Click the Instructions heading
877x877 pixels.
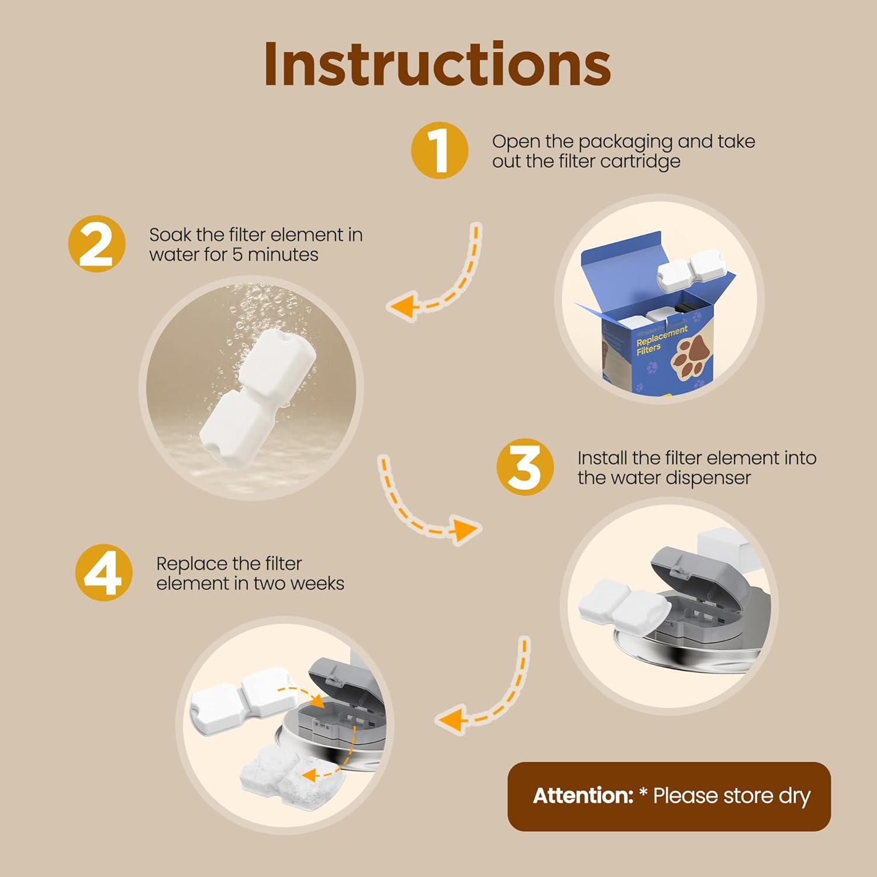click(437, 64)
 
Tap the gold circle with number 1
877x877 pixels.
click(439, 150)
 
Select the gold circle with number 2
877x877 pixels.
click(96, 244)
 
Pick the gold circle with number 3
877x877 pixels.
click(524, 467)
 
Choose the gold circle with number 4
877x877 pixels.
click(104, 573)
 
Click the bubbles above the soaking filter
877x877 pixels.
click(257, 316)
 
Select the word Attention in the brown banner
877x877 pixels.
click(583, 796)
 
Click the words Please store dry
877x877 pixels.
click(731, 796)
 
